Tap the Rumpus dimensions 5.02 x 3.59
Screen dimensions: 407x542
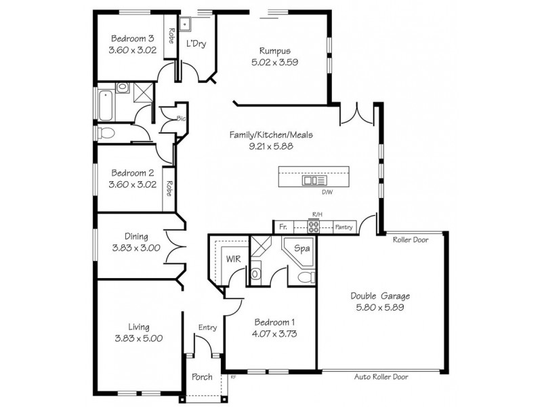pos(274,62)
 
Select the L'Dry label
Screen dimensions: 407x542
pos(196,44)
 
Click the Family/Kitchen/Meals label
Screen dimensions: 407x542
pos(271,135)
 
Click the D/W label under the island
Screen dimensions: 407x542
pos(327,193)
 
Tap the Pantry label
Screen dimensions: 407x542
pos(343,227)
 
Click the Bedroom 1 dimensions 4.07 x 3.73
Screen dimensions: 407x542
pos(276,334)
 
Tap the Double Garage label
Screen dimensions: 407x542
pos(380,296)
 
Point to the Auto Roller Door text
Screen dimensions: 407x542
pos(381,376)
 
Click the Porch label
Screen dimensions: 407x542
pos(202,376)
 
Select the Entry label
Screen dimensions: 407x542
pos(207,328)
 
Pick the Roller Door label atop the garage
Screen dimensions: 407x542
pos(410,239)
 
